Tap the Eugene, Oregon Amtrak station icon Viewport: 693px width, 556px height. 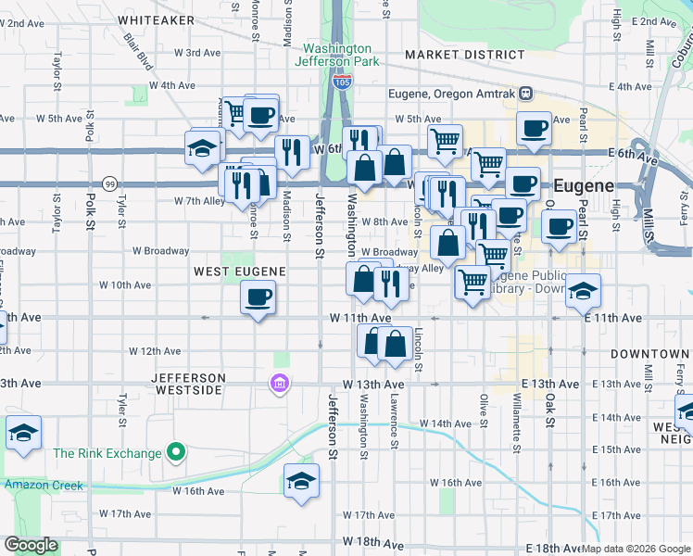526,93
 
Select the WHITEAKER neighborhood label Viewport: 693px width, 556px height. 157,19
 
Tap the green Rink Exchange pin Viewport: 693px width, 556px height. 176,453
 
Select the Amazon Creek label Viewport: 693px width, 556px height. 43,485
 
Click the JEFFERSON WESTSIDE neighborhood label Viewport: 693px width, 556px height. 189,384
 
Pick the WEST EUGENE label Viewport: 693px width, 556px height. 238,271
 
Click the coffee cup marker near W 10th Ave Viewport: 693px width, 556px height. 258,297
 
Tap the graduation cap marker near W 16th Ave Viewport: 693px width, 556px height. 301,480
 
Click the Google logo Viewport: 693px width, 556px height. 31,545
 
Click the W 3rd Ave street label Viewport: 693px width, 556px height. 203,53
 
